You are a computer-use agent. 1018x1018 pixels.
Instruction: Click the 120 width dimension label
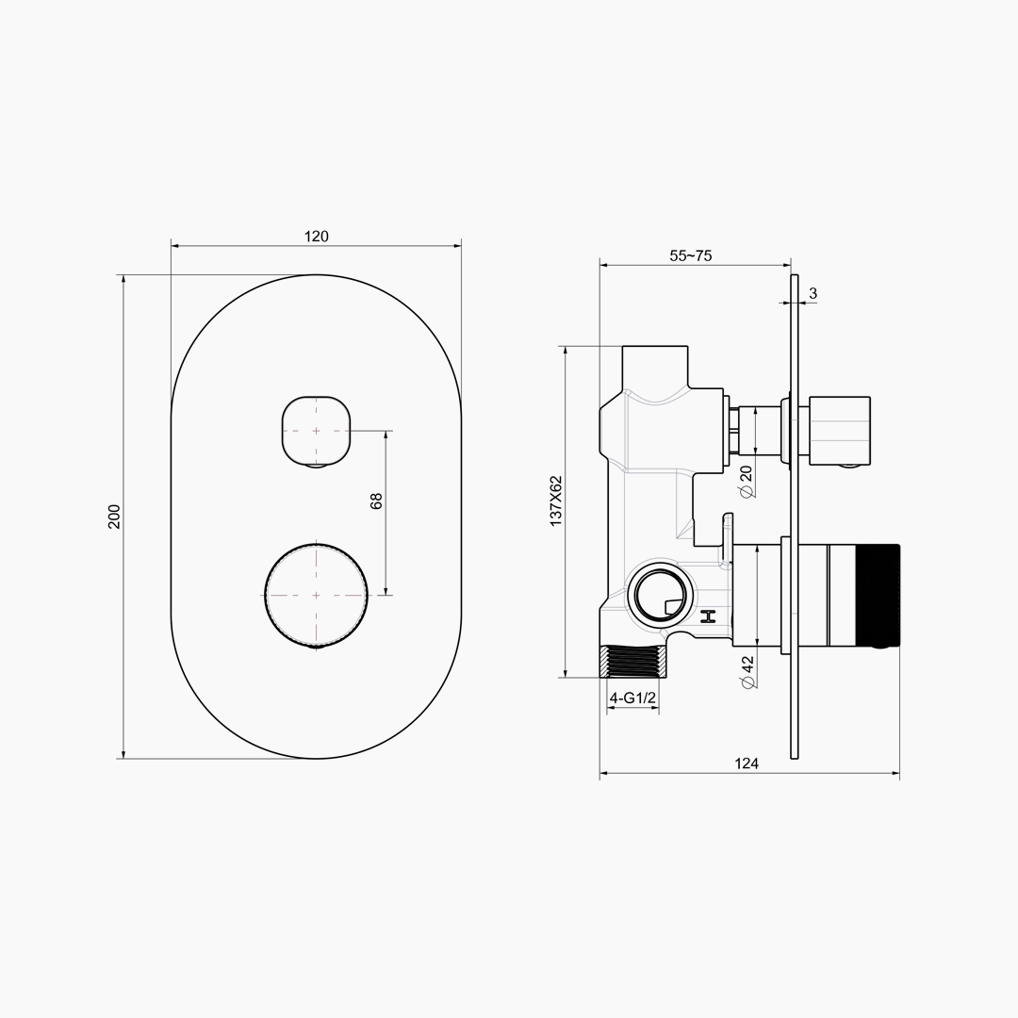(316, 237)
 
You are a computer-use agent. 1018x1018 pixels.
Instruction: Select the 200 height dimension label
(114, 517)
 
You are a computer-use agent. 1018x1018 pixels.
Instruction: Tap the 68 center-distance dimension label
(376, 501)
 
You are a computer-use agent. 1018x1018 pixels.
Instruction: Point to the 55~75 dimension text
(690, 255)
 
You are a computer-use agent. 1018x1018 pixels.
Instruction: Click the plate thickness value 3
(813, 293)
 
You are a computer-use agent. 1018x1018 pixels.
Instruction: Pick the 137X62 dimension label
(556, 501)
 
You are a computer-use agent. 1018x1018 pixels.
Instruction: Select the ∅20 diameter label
(747, 481)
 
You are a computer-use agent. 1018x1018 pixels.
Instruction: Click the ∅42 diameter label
(747, 672)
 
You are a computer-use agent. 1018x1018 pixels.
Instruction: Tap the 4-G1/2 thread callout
(632, 698)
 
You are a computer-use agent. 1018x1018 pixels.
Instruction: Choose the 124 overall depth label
(747, 763)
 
